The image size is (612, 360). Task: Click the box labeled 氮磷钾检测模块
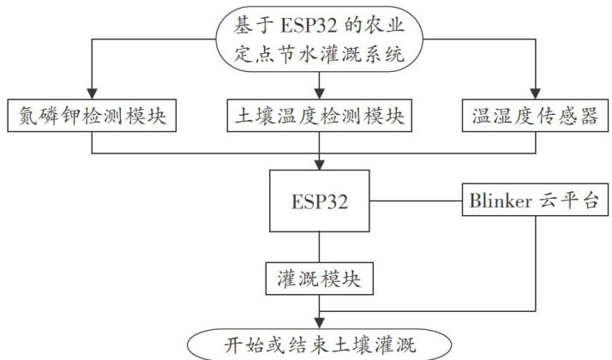pos(92,116)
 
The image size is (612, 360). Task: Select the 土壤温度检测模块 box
pos(319,116)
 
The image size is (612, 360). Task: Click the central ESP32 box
pos(319,202)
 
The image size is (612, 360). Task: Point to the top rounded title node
pos(319,36)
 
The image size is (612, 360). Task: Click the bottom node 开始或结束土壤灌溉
pos(319,344)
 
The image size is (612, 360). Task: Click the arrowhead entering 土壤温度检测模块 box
pos(319,93)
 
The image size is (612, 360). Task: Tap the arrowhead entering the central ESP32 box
pos(319,165)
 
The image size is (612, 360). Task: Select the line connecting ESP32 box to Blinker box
pos(415,202)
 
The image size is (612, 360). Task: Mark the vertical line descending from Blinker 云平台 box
pos(537,266)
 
